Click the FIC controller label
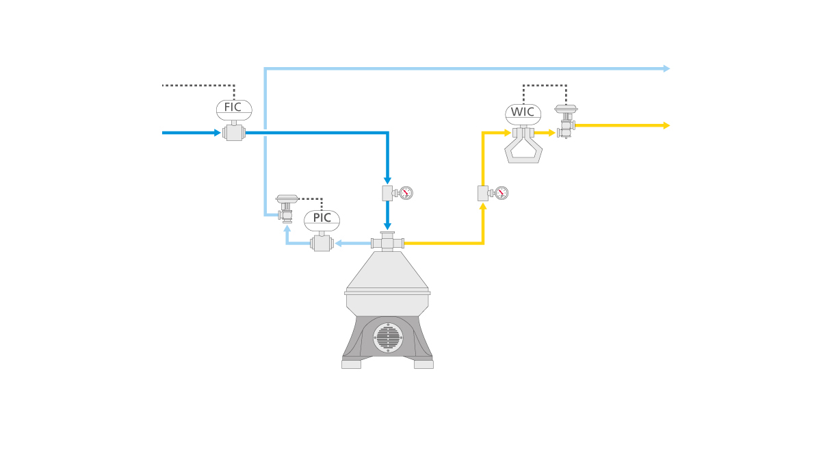pyautogui.click(x=233, y=108)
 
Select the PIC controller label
pyautogui.click(x=322, y=218)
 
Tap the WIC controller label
pyautogui.click(x=523, y=113)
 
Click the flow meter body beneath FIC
pyautogui.click(x=234, y=133)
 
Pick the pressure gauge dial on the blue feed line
pyautogui.click(x=406, y=193)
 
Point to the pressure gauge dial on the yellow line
pyautogui.click(x=501, y=193)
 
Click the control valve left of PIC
pyautogui.click(x=287, y=209)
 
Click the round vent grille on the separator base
pyautogui.click(x=388, y=338)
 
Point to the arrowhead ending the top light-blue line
pyautogui.click(x=666, y=68)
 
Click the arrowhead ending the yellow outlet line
pyautogui.click(x=666, y=125)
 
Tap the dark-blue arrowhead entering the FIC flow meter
pyautogui.click(x=217, y=133)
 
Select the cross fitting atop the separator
pyautogui.click(x=387, y=242)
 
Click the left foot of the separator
pyautogui.click(x=351, y=364)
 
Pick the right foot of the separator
pyautogui.click(x=423, y=364)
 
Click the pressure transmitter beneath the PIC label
pyautogui.click(x=322, y=243)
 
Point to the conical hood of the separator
pyautogui.click(x=387, y=270)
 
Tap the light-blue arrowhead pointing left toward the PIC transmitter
pyautogui.click(x=339, y=243)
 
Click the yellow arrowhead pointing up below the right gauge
pyautogui.click(x=483, y=206)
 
